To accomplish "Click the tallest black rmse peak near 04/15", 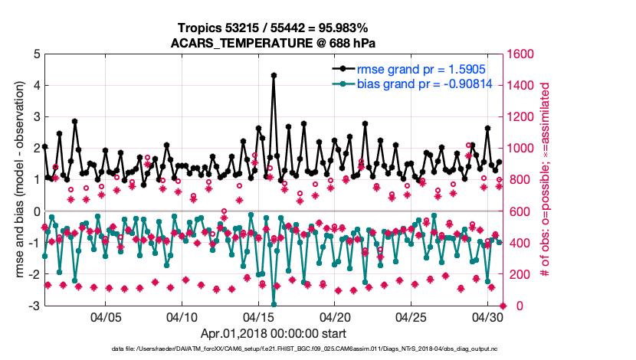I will pyautogui.click(x=274, y=75).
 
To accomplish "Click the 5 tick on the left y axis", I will pyautogui.click(x=36, y=54).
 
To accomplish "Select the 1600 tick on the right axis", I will pyautogui.click(x=522, y=54).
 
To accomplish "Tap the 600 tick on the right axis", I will pyautogui.click(x=519, y=211).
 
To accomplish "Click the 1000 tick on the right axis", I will pyautogui.click(x=522, y=149).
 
